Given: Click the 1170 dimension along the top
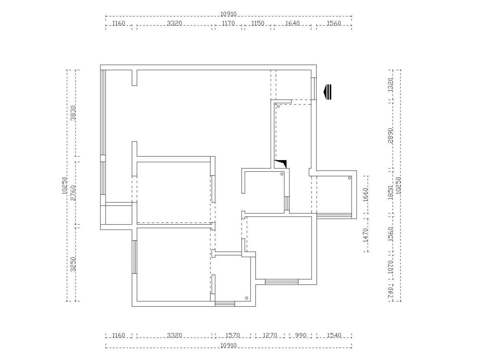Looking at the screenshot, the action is coord(228,23).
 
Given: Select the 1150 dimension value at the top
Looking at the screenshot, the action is coord(258,23).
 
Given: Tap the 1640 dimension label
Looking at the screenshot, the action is coord(293,23).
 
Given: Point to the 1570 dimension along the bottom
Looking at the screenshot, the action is coord(233,335).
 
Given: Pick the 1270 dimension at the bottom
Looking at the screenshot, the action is coord(270,335).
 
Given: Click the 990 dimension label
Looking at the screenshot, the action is coord(301,335).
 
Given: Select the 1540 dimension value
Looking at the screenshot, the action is coord(334,335).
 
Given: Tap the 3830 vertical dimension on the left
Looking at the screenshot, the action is coord(73,113).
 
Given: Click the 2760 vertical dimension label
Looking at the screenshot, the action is coord(73,193).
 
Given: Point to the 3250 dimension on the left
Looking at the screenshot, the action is coord(73,264).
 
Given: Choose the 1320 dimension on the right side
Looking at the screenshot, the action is coord(391,85).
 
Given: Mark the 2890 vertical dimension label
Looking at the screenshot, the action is coord(391,135).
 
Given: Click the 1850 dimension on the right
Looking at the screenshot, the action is coord(391,193).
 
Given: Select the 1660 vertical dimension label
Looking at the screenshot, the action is coord(366,195).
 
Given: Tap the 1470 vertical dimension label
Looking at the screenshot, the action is coord(366,235).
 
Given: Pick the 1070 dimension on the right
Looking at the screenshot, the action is coord(391,267).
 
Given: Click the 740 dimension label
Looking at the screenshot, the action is coord(391,293).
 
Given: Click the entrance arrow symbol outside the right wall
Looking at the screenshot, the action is coord(327,92).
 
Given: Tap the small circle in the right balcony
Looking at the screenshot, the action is coord(350,178).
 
